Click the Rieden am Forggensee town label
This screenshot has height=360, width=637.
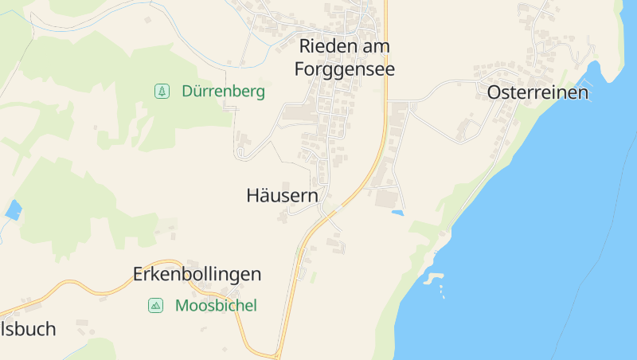tap(344, 57)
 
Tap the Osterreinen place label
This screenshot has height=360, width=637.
tap(537, 92)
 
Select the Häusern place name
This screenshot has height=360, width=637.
tap(282, 195)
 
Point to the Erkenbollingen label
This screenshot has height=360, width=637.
tap(196, 275)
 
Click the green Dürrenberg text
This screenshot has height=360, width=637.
tap(223, 92)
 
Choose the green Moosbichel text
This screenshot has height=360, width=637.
tap(216, 305)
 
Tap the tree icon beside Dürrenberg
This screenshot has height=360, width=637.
tap(162, 92)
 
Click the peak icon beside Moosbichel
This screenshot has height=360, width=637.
tap(155, 305)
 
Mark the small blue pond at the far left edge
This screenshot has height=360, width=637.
tap(13, 209)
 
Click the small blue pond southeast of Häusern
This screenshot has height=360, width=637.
tap(397, 213)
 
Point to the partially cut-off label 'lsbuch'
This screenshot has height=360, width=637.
tap(28, 329)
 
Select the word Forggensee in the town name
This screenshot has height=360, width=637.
tap(344, 69)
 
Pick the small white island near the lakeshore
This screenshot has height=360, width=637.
tap(432, 279)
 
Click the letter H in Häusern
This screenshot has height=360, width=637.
tap(253, 195)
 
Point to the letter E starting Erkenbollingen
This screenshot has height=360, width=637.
tap(138, 275)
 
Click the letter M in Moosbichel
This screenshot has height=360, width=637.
tap(182, 305)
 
